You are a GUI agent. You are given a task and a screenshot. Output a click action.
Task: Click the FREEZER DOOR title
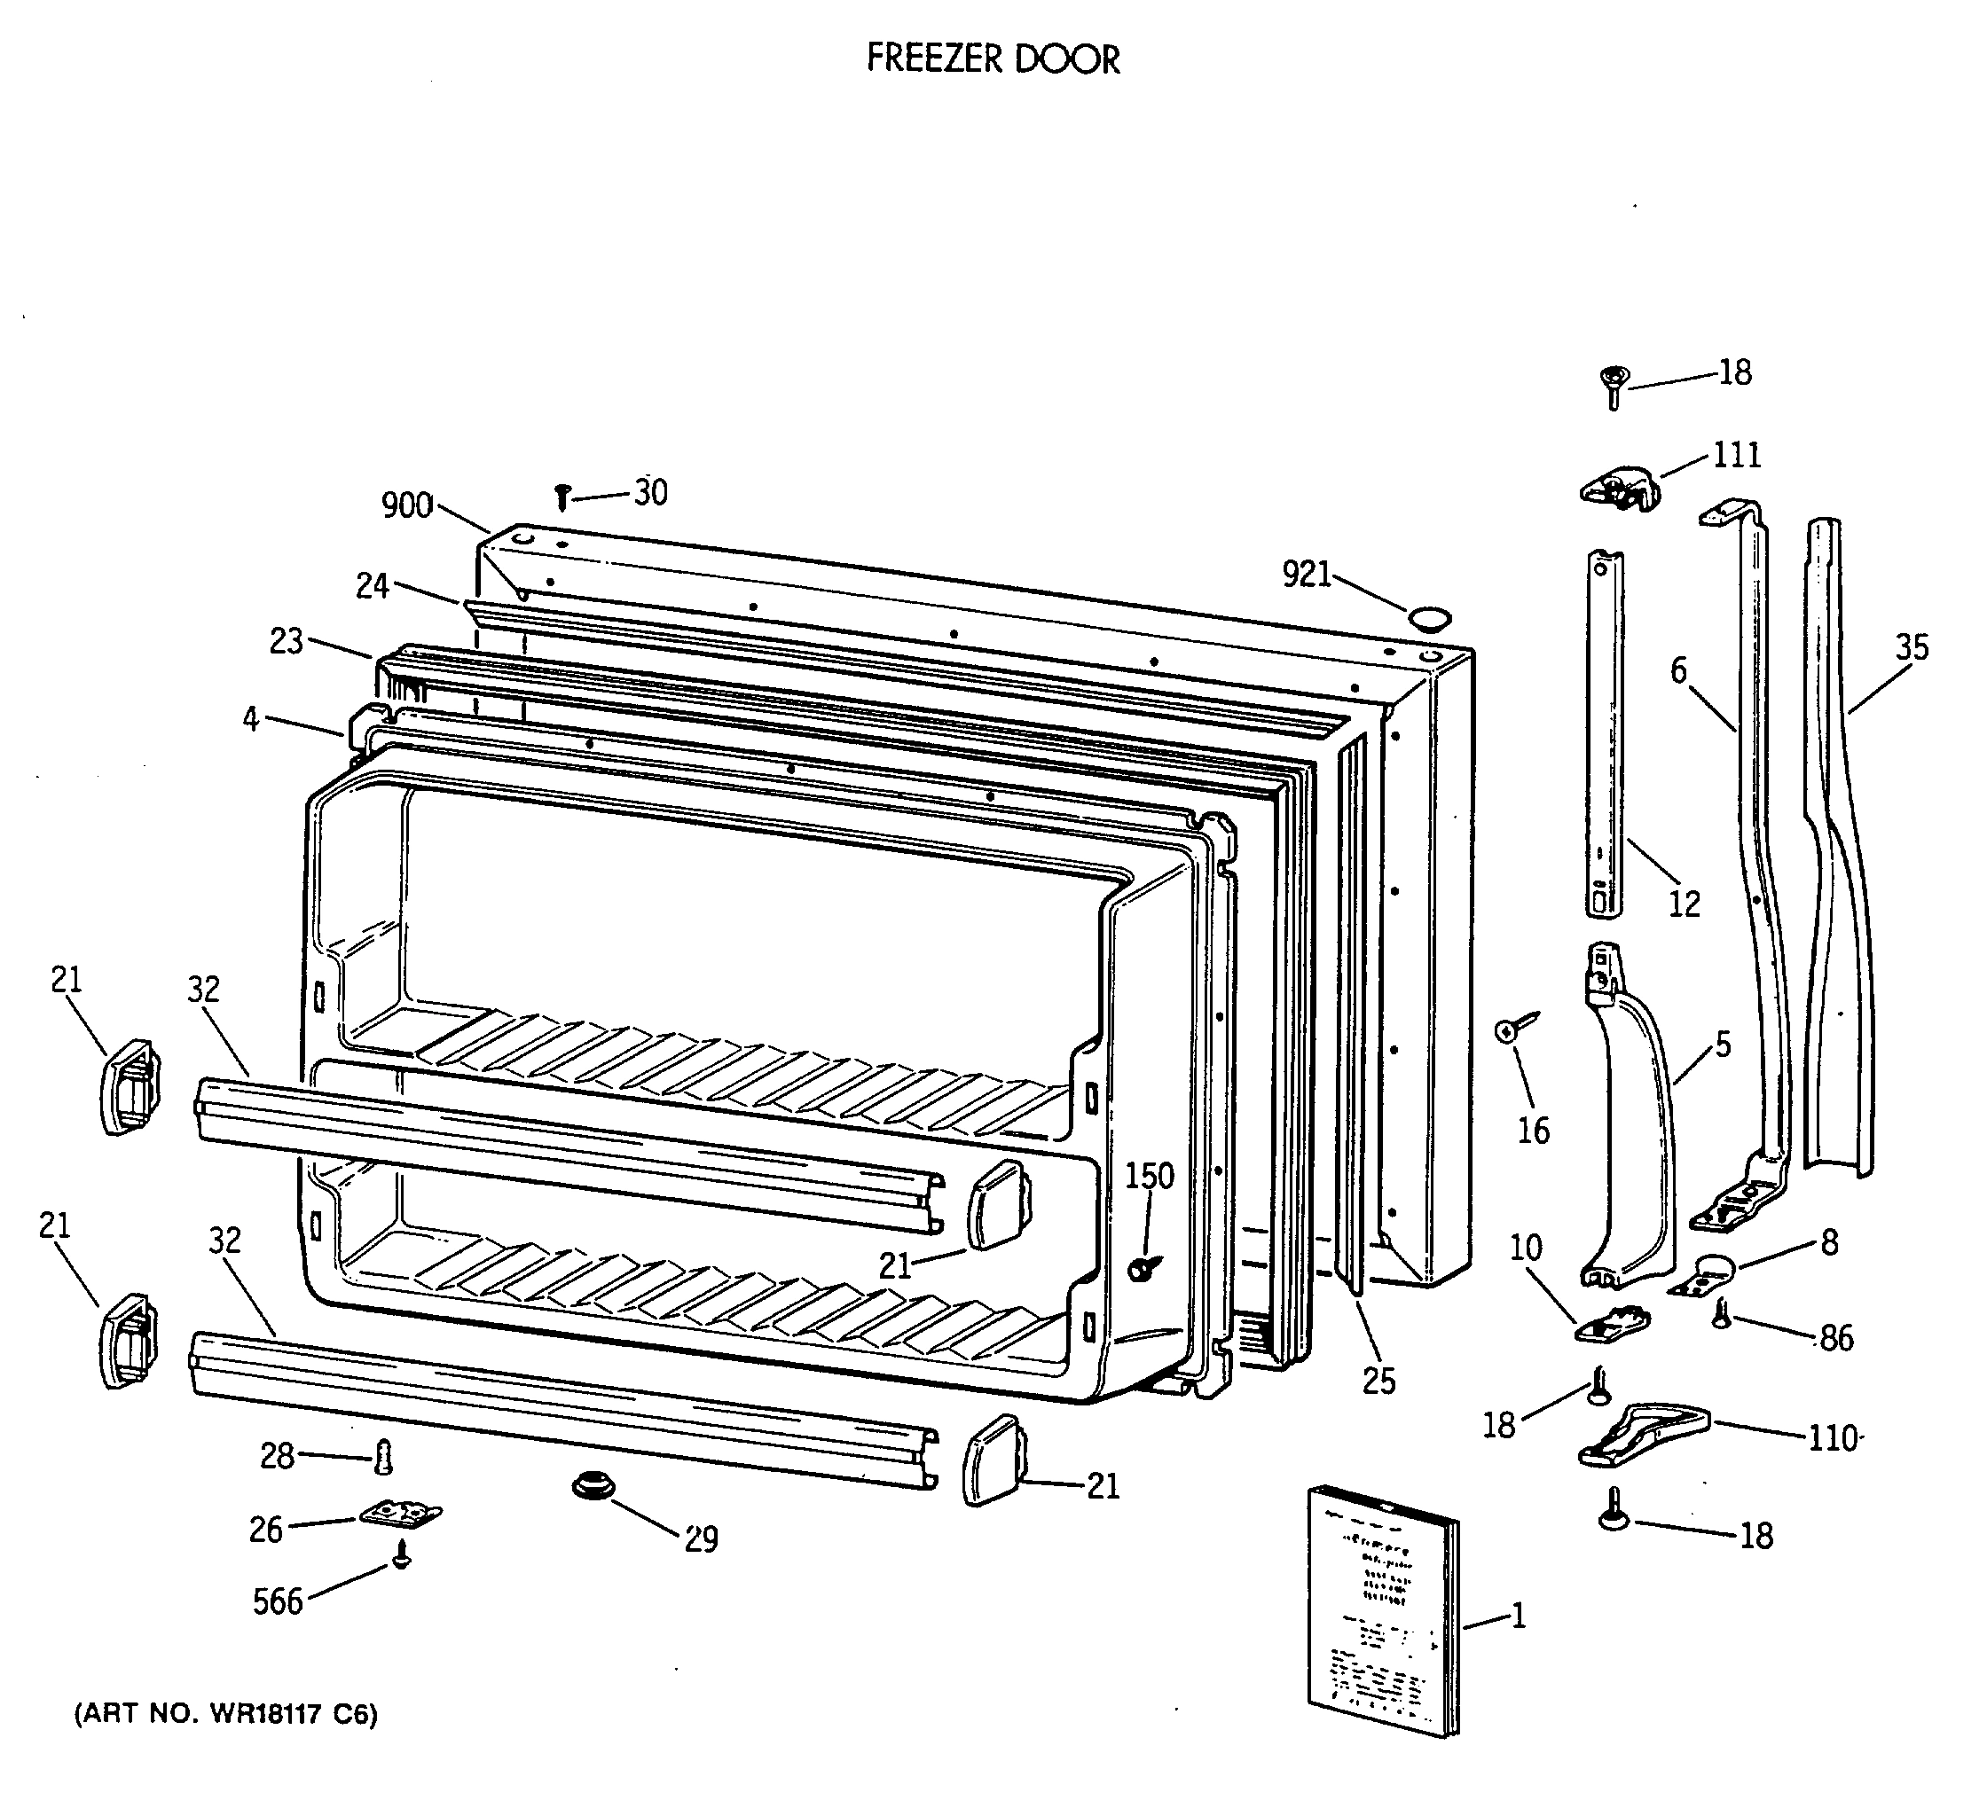(993, 60)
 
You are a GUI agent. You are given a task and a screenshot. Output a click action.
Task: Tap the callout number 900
(407, 505)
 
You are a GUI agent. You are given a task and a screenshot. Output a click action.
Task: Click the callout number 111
(1736, 455)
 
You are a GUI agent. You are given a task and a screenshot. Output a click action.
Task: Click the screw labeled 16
(1507, 1030)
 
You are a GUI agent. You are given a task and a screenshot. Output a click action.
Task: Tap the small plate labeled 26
(400, 1514)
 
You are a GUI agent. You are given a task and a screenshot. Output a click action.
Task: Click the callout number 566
(277, 1601)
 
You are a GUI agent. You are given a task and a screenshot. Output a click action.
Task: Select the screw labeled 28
(384, 1456)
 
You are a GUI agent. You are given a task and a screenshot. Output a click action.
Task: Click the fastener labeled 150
(1143, 1268)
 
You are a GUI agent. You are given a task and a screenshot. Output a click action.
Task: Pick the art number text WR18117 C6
(225, 1715)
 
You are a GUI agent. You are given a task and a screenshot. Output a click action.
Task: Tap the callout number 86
(1836, 1338)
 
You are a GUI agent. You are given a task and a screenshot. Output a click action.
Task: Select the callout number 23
(286, 641)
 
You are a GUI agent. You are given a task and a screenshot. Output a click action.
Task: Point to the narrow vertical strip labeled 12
(1605, 734)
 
